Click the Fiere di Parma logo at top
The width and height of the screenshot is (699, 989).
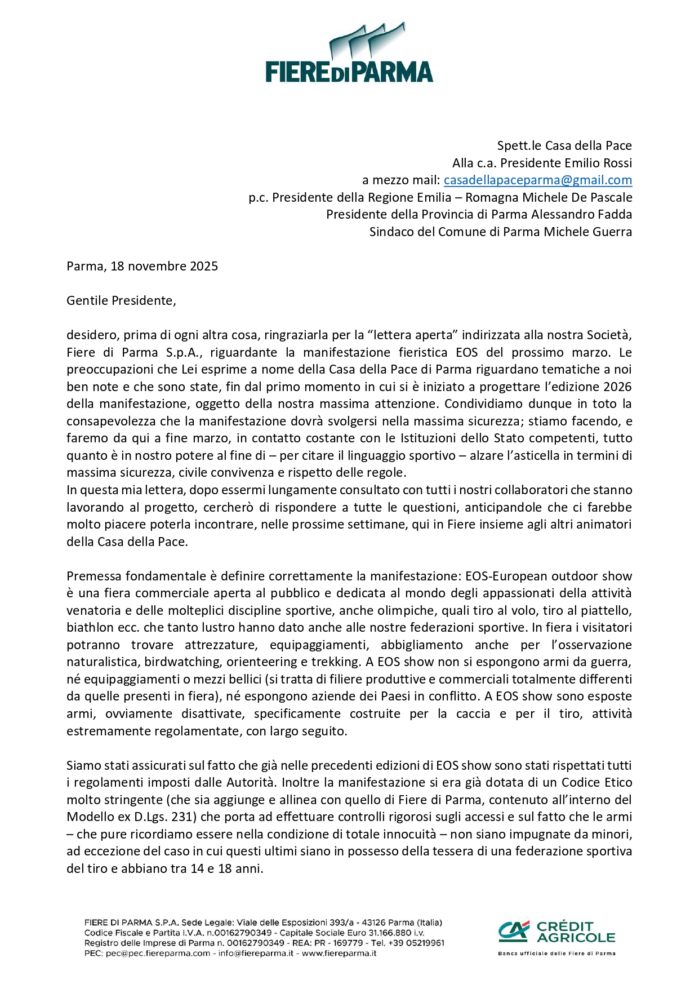coord(349,54)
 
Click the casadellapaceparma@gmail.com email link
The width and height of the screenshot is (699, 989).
coord(537,180)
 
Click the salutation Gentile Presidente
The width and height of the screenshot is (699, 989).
coord(121,301)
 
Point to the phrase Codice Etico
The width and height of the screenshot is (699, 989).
coord(597,783)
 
